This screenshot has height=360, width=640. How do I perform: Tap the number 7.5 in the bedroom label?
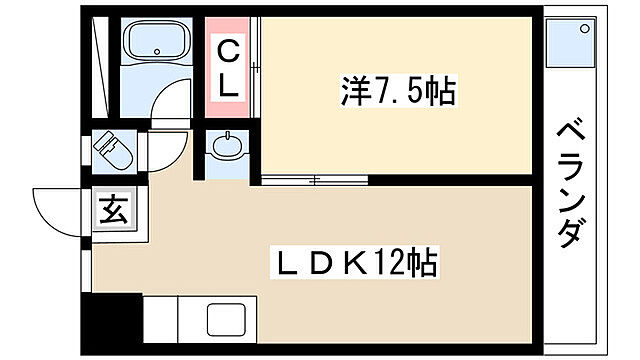pos(398,94)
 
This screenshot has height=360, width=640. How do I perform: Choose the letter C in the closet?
pos(229,49)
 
